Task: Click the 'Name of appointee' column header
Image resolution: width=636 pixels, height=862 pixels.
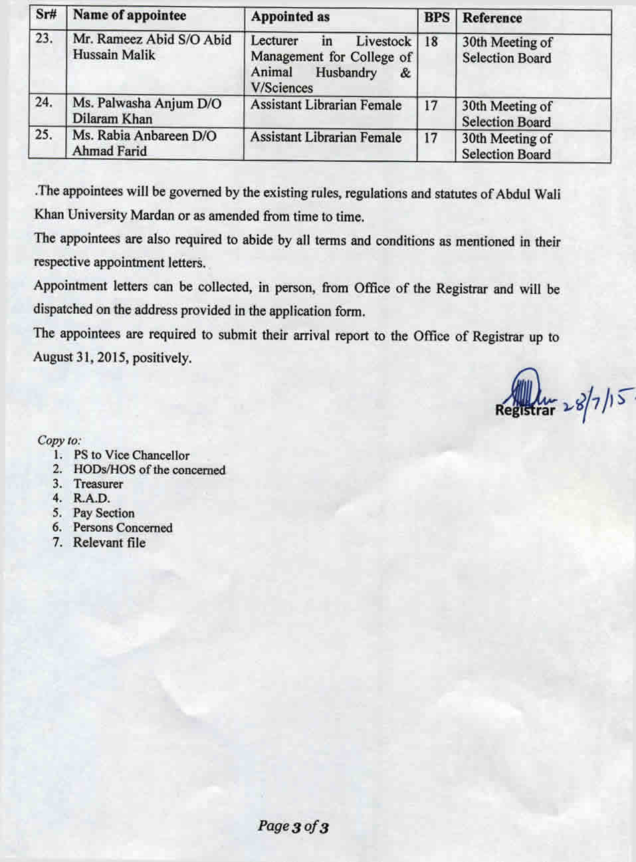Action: point(130,16)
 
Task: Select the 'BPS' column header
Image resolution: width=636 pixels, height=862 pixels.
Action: point(436,18)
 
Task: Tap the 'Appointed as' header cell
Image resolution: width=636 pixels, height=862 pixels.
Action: point(290,17)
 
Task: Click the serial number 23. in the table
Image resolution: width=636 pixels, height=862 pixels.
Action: point(44,39)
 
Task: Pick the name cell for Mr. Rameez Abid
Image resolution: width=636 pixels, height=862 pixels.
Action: point(152,47)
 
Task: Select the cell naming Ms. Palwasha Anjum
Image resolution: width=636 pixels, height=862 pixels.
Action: point(147,111)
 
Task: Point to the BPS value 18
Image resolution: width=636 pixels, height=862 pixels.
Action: point(431,42)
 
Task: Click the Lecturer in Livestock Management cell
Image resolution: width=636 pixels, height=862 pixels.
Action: point(331,64)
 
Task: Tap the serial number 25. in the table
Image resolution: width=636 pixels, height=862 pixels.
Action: point(44,135)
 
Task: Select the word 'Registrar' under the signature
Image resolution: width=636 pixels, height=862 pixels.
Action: point(524,410)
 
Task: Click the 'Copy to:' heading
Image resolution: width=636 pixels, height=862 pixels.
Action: point(60,440)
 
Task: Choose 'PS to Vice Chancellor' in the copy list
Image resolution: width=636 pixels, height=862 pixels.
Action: point(132,455)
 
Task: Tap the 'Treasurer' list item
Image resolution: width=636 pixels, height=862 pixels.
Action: point(98,484)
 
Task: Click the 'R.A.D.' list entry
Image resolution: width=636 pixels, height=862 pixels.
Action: point(92,498)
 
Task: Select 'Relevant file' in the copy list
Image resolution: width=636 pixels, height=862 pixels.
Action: point(109,542)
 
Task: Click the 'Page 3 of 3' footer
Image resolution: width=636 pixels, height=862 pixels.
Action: point(293,827)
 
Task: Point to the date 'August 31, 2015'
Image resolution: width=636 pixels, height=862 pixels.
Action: point(81,358)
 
